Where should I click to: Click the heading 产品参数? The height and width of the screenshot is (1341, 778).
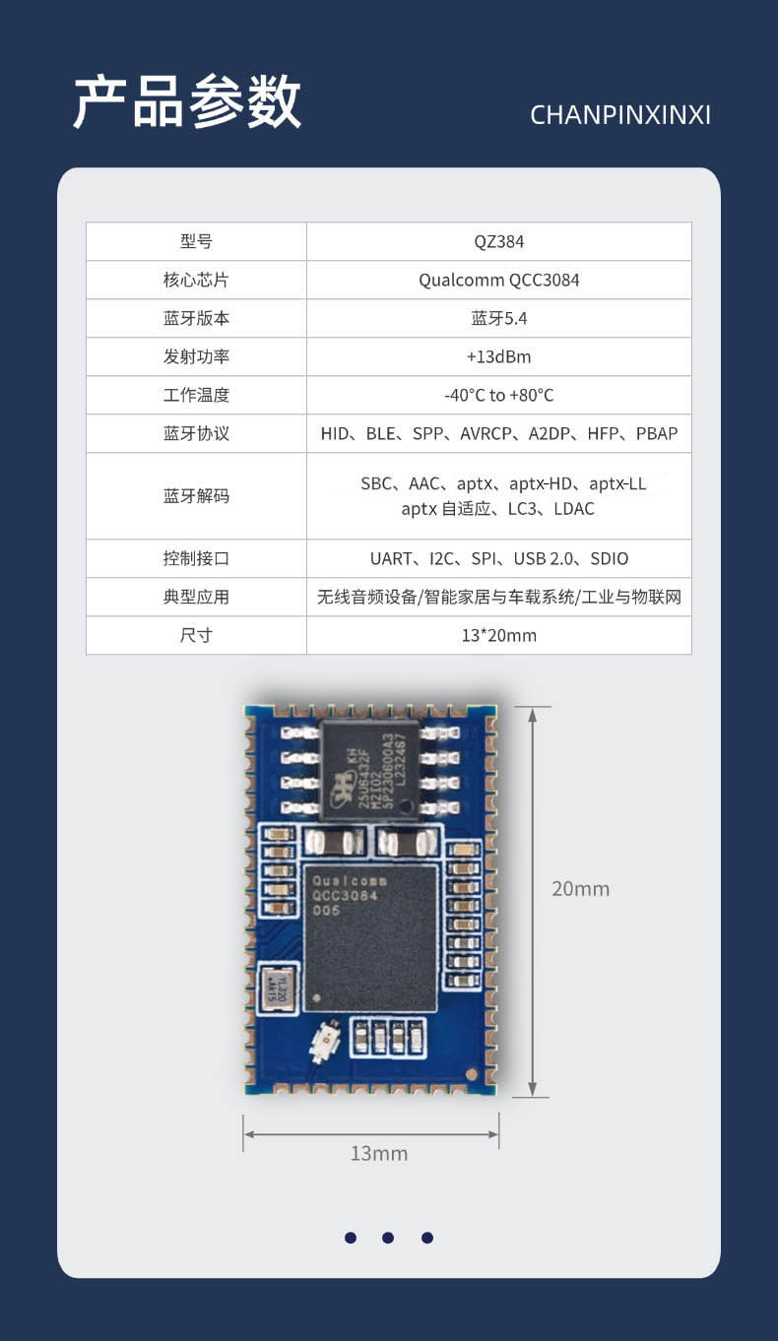pos(187,101)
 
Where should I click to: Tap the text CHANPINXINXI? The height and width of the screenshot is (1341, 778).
pos(619,115)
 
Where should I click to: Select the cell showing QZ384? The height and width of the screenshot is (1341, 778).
pos(498,241)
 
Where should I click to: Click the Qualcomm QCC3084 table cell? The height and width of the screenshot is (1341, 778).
pos(498,280)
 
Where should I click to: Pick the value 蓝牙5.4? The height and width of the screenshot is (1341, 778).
pos(498,318)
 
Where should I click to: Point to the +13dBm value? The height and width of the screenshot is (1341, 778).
pos(498,356)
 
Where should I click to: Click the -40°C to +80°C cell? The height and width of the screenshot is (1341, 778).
pos(498,395)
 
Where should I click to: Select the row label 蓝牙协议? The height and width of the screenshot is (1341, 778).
pos(196,433)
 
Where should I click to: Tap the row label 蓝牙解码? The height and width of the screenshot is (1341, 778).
pos(196,495)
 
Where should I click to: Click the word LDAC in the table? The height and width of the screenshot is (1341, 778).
pos(574,509)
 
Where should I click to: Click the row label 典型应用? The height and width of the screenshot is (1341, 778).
pos(196,597)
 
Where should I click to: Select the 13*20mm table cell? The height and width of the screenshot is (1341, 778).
pos(498,635)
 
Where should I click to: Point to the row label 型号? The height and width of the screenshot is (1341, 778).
pos(196,241)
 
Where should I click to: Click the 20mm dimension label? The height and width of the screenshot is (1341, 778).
pos(580,888)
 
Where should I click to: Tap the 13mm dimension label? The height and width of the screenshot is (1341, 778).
pos(378,1153)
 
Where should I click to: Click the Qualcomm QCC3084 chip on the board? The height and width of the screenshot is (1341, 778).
pos(370,937)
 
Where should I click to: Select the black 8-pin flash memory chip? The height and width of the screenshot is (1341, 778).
pos(370,770)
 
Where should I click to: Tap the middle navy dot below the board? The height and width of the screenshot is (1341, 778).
pos(388,1238)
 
